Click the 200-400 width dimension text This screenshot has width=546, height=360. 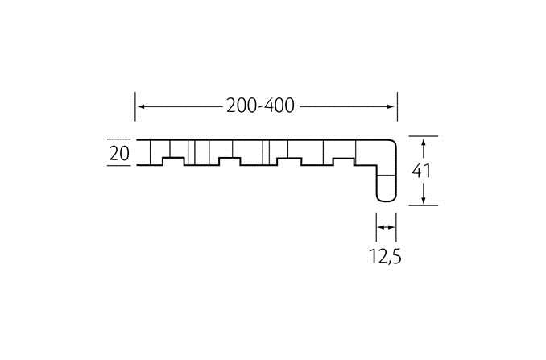coord(260,106)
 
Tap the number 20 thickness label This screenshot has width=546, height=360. coord(119,153)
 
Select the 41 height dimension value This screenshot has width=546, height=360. coord(421,172)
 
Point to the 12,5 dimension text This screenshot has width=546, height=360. coord(385,257)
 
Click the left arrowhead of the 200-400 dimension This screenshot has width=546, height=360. coord(141,106)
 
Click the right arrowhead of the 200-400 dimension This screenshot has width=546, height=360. coord(391,106)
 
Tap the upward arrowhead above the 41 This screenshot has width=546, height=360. coord(423,142)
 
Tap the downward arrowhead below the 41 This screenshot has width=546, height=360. coord(423,200)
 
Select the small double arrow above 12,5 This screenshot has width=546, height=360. coord(387,227)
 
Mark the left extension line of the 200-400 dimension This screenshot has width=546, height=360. coord(135,106)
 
